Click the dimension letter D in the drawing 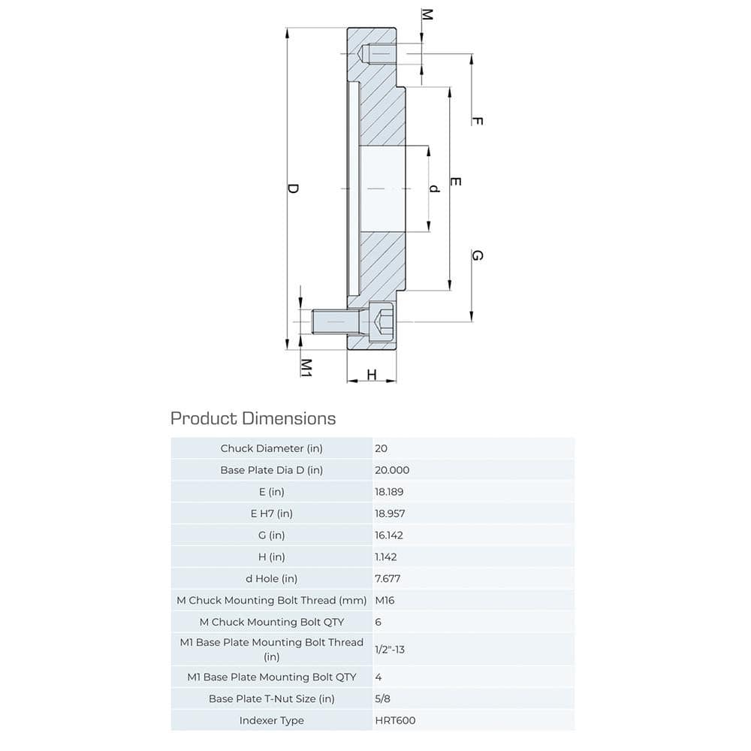coord(294,189)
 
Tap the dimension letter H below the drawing coord(371,375)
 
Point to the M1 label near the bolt coord(306,366)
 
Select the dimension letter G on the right coord(476,255)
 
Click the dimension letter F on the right coord(476,121)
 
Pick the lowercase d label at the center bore coord(433,189)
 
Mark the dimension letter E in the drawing coord(455,182)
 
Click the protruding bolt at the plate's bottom coord(330,322)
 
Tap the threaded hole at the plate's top coord(379,54)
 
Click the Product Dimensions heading coord(253,418)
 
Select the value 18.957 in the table coord(393,514)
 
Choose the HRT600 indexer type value coord(395,720)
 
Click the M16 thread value coord(385,600)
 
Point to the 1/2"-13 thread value coord(389,649)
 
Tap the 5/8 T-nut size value coord(382,698)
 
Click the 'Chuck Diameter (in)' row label coord(271,448)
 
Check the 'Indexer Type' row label coord(271,720)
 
